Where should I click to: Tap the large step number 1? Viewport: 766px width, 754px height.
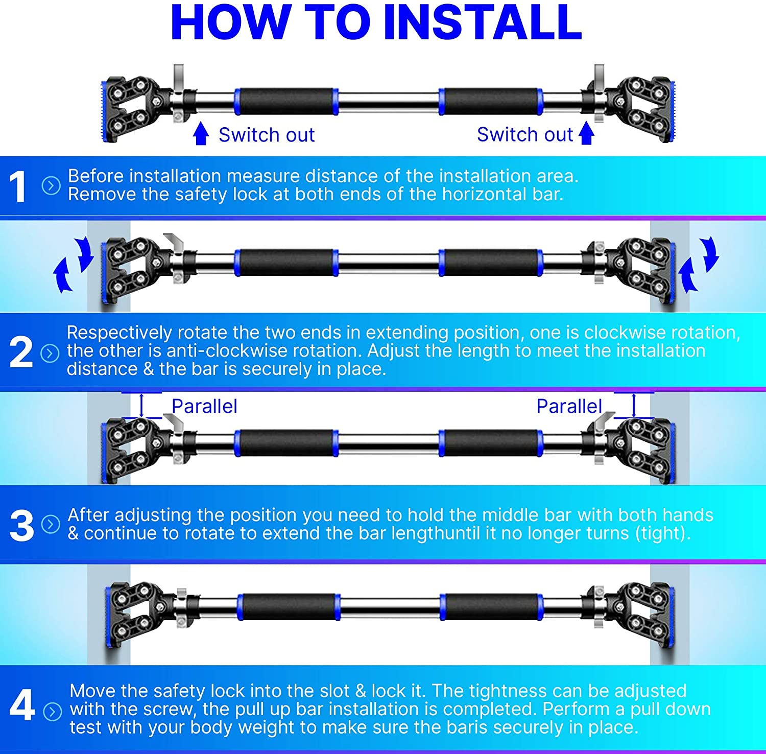click(x=18, y=186)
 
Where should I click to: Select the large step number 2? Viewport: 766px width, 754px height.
click(x=21, y=352)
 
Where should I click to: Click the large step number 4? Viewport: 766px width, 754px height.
click(x=22, y=705)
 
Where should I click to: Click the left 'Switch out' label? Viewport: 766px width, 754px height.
click(x=267, y=135)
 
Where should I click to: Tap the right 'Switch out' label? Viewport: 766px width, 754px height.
click(x=525, y=134)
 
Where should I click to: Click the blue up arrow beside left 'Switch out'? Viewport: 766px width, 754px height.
click(x=201, y=133)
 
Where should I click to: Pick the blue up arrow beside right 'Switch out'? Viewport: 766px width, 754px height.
click(x=586, y=133)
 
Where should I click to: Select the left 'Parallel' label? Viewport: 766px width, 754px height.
click(x=204, y=406)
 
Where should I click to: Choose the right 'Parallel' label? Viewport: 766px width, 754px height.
click(x=569, y=406)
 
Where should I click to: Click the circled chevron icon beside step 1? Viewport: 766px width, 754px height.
click(x=51, y=185)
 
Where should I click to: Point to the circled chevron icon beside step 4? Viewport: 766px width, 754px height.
click(x=53, y=711)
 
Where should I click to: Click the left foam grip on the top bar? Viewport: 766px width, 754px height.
click(x=286, y=102)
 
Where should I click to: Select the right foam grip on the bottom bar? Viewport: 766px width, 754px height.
click(x=491, y=607)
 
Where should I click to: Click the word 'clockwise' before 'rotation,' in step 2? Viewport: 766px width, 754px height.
click(x=625, y=333)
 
